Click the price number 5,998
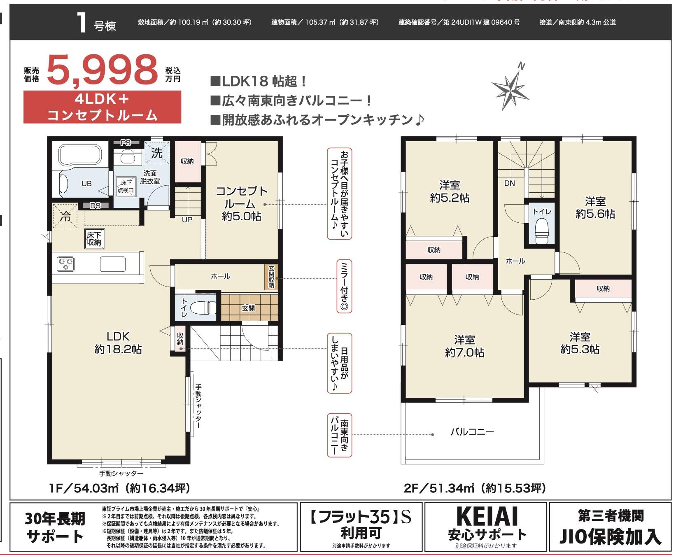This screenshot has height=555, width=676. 103,70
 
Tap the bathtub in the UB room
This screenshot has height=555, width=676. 80,155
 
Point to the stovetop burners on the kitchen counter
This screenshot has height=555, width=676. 65,264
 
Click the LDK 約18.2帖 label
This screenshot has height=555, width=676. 118,343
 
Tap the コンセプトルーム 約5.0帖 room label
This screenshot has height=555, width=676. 242,204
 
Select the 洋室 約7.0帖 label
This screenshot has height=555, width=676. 464,346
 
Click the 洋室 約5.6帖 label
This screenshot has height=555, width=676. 595,208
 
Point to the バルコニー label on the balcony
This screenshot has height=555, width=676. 472,432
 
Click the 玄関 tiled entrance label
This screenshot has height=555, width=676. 248,308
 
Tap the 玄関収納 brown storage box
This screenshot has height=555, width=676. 271,277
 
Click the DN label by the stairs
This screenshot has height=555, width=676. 509,183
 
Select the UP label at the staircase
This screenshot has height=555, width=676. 187,219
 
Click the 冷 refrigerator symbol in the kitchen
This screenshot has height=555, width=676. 65,216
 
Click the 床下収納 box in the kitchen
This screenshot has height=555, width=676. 94,239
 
